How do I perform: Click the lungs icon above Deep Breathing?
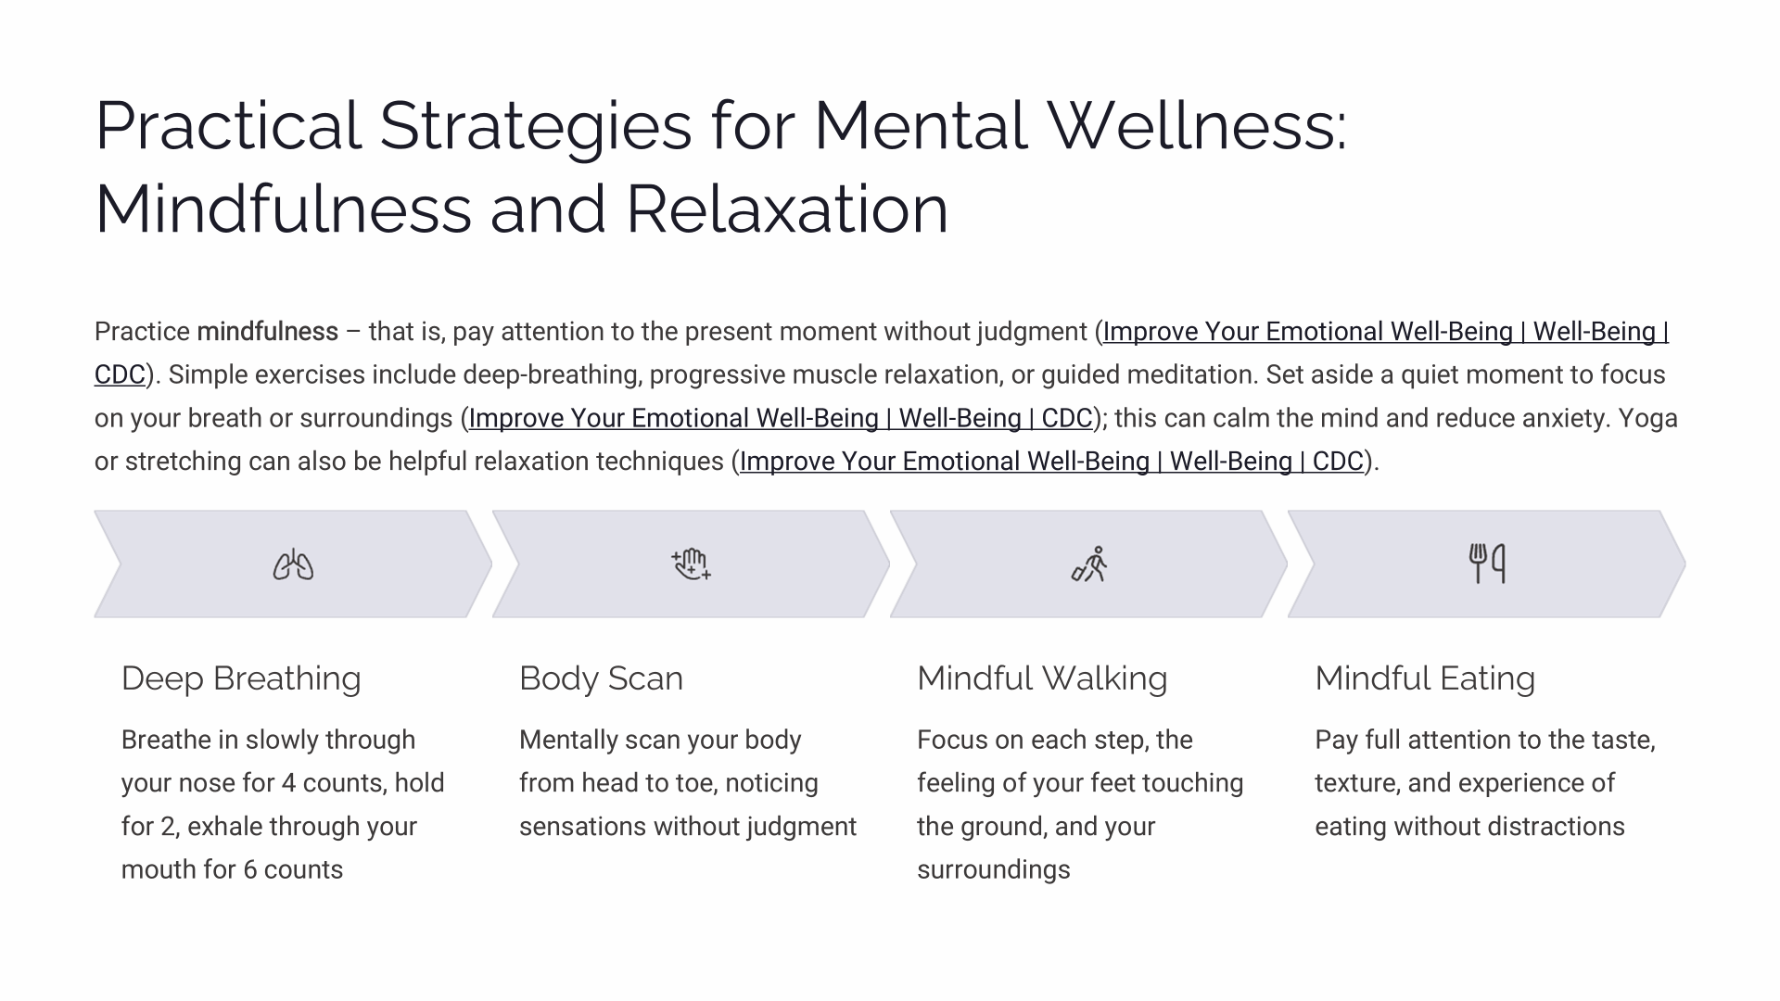click(x=293, y=564)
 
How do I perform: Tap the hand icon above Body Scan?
click(x=691, y=564)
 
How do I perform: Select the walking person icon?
click(x=1089, y=564)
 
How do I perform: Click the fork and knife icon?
click(x=1487, y=564)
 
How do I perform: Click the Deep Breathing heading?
click(x=241, y=678)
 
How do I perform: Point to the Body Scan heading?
click(x=601, y=678)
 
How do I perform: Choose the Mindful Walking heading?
click(x=1042, y=678)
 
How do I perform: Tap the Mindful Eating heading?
click(x=1425, y=678)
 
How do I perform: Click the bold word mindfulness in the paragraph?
click(x=268, y=332)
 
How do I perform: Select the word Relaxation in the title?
click(x=787, y=209)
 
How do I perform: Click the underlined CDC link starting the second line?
click(x=120, y=375)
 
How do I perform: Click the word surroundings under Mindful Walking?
click(x=994, y=870)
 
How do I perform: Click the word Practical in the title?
click(x=228, y=126)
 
